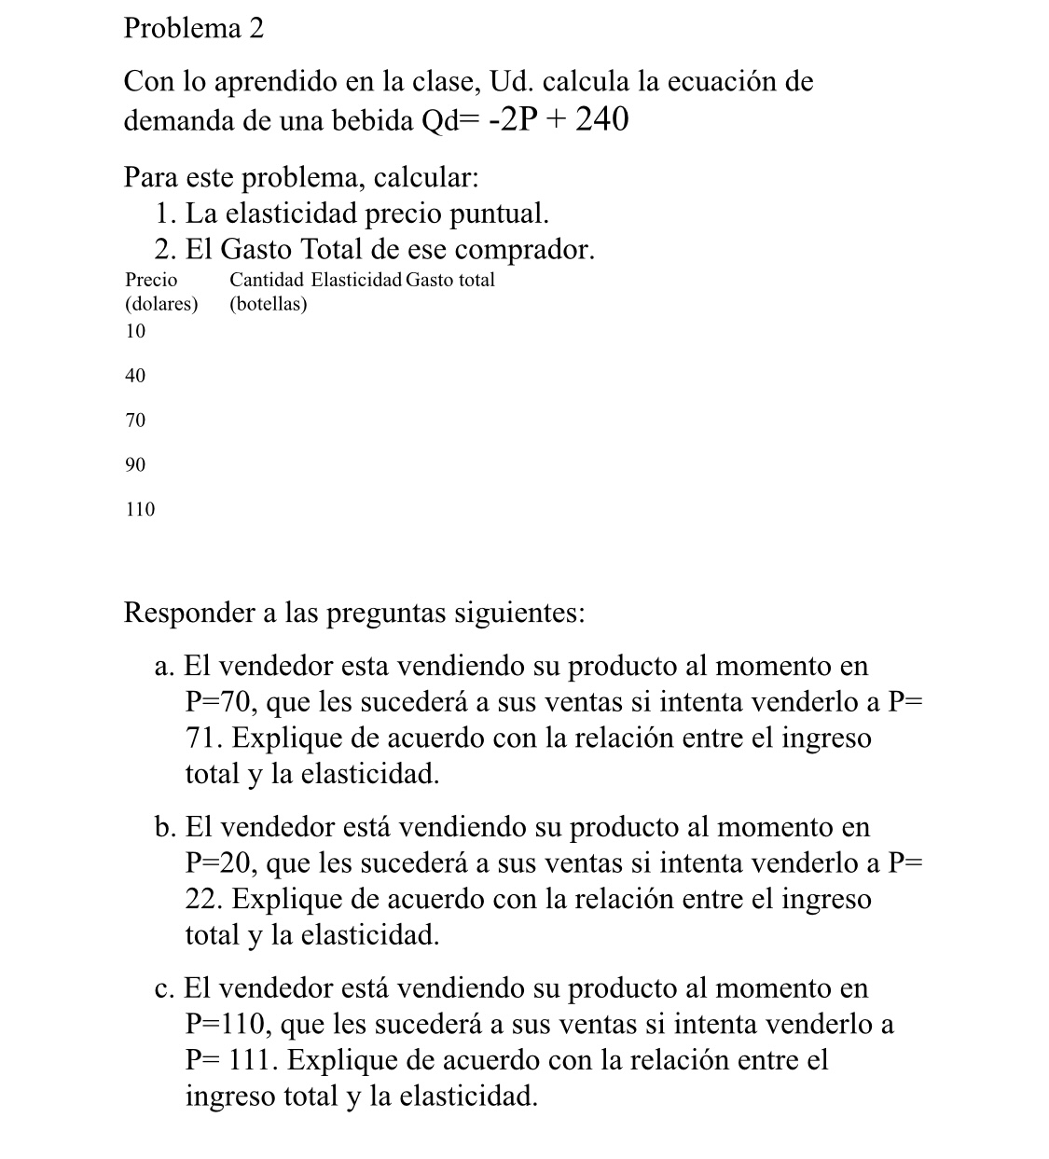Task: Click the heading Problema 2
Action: pyautogui.click(x=194, y=29)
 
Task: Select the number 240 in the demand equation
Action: pyautogui.click(x=601, y=119)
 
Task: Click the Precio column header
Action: pyautogui.click(x=151, y=279)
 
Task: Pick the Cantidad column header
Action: pyautogui.click(x=267, y=279)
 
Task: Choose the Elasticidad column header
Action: pyautogui.click(x=356, y=279)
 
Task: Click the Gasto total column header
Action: pyautogui.click(x=451, y=279)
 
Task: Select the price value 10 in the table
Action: pyautogui.click(x=135, y=331)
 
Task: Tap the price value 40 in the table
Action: pyautogui.click(x=135, y=376)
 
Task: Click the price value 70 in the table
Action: pyautogui.click(x=135, y=421)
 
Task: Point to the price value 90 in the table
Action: pyautogui.click(x=135, y=464)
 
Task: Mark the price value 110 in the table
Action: pyautogui.click(x=140, y=509)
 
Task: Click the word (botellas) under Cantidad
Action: pyautogui.click(x=269, y=304)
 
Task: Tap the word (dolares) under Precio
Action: pyautogui.click(x=161, y=304)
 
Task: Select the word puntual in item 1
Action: pyautogui.click(x=500, y=214)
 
